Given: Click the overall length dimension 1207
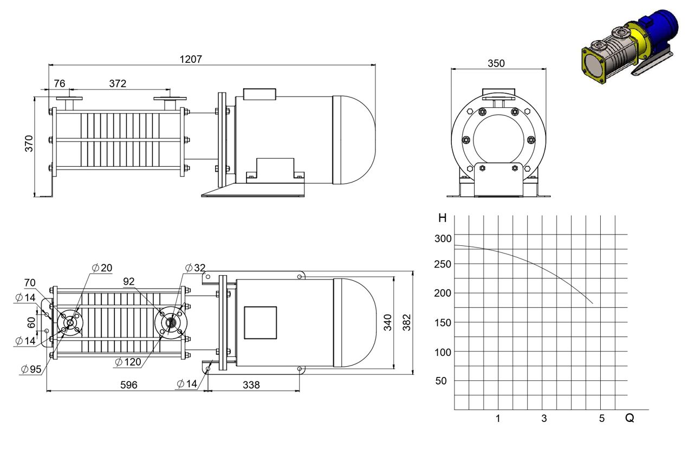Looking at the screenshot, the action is click(191, 59).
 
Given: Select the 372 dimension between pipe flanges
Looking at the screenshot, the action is click(118, 83).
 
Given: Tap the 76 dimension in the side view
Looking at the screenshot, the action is click(60, 83).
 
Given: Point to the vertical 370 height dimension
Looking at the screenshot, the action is click(29, 144).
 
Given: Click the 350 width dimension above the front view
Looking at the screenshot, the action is click(496, 63).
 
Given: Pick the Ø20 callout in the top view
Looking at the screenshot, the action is click(102, 268).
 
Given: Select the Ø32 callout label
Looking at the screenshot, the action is click(196, 268).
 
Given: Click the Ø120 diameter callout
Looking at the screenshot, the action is click(128, 362).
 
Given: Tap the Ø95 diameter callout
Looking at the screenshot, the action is click(31, 369).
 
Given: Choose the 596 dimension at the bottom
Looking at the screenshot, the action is click(129, 385).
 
